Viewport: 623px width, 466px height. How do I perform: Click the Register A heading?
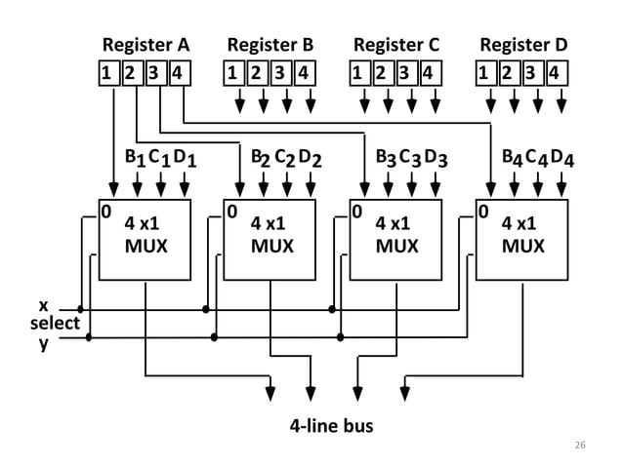pos(145,45)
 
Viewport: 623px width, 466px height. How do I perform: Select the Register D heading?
pos(523,45)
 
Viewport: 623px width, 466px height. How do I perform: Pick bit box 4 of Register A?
pos(180,73)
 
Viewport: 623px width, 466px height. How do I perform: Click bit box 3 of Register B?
pos(282,73)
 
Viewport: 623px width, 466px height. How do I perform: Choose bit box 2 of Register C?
pos(385,73)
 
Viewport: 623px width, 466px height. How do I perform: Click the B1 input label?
pos(134,157)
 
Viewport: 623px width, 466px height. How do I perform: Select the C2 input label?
pos(283,157)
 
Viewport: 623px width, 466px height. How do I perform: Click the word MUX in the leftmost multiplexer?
pos(145,247)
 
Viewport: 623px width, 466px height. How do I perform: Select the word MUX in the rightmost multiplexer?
pos(523,247)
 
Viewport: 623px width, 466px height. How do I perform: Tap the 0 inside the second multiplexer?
pos(231,211)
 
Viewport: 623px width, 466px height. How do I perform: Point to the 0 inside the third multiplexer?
pos(357,211)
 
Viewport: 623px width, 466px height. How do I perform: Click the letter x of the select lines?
pos(43,304)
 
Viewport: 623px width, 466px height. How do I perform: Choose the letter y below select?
pos(43,343)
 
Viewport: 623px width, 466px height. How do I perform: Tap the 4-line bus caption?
pos(331,426)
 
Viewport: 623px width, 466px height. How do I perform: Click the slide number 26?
pos(580,446)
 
